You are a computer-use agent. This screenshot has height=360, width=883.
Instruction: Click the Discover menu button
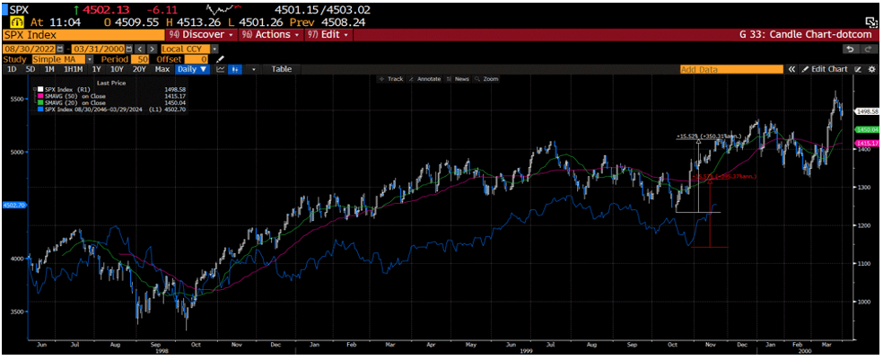click(x=198, y=34)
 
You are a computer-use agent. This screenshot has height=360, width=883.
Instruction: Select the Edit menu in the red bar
click(x=328, y=34)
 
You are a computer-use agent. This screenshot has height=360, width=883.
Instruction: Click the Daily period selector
click(x=192, y=69)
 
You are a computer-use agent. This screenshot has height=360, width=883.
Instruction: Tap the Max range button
click(x=162, y=69)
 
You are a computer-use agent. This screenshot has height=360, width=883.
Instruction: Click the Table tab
click(x=282, y=69)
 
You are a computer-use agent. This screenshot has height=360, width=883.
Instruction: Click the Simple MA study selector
click(x=58, y=58)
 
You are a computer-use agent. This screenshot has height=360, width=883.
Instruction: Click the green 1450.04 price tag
click(x=866, y=130)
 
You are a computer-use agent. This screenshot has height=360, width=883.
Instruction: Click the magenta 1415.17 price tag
click(x=866, y=143)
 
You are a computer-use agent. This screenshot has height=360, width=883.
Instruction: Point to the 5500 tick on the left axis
click(x=17, y=100)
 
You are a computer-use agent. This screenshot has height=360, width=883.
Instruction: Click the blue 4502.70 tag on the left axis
click(x=14, y=205)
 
